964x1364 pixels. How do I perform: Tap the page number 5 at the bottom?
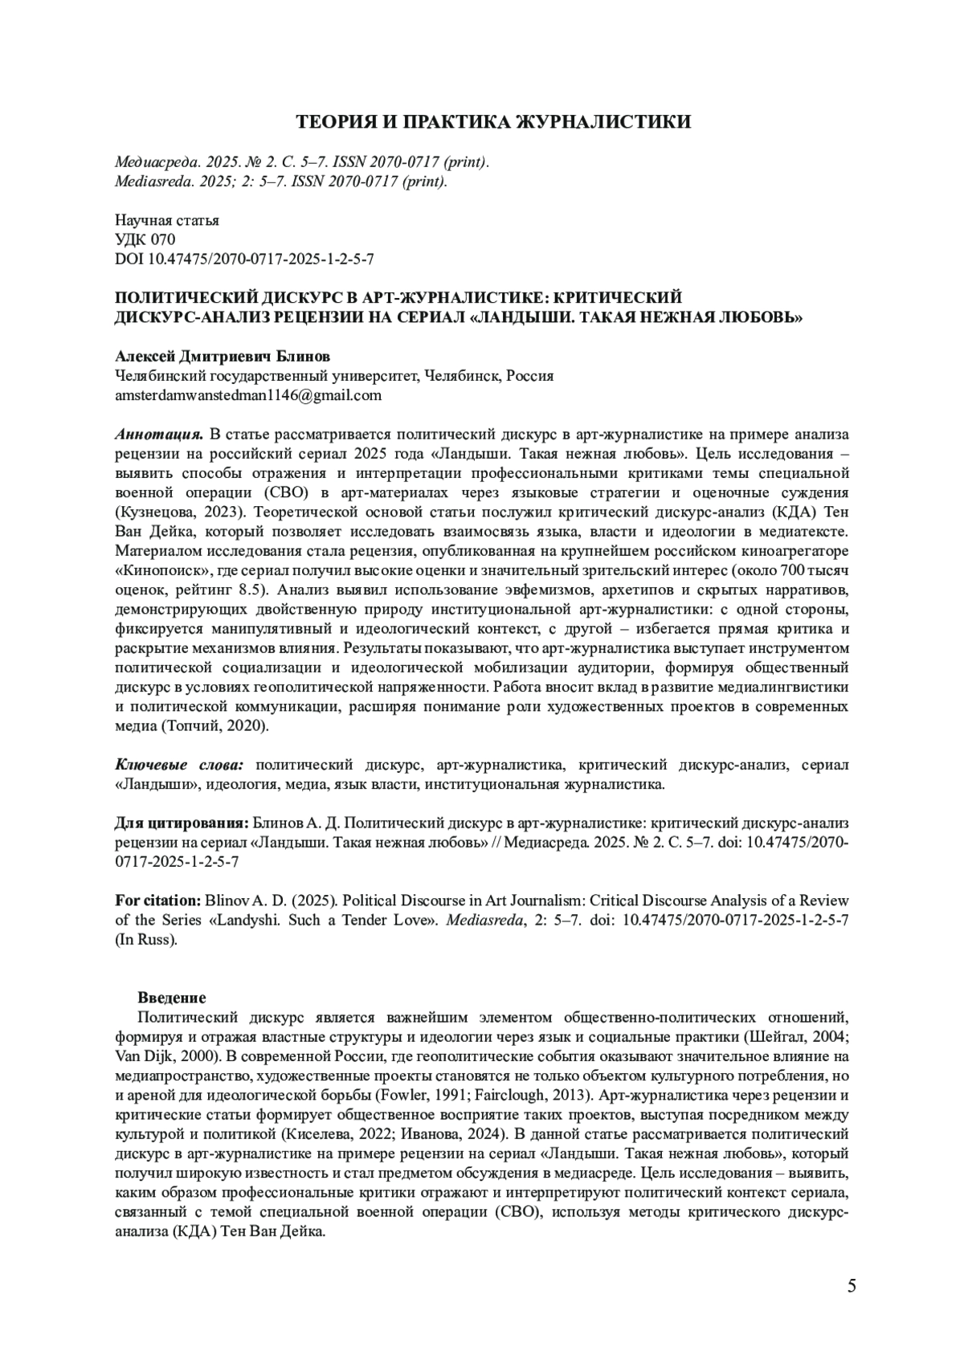tap(852, 1286)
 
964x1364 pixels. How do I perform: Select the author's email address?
tap(248, 395)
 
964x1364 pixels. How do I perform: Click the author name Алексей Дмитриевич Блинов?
tap(223, 356)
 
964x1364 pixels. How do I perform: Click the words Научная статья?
tap(167, 220)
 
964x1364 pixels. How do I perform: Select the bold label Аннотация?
tap(158, 435)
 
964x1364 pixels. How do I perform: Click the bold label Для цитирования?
tap(181, 823)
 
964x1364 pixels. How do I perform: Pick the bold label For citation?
tap(157, 900)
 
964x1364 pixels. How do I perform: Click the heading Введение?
tap(171, 998)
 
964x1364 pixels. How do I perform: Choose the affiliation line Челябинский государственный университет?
tap(265, 376)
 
